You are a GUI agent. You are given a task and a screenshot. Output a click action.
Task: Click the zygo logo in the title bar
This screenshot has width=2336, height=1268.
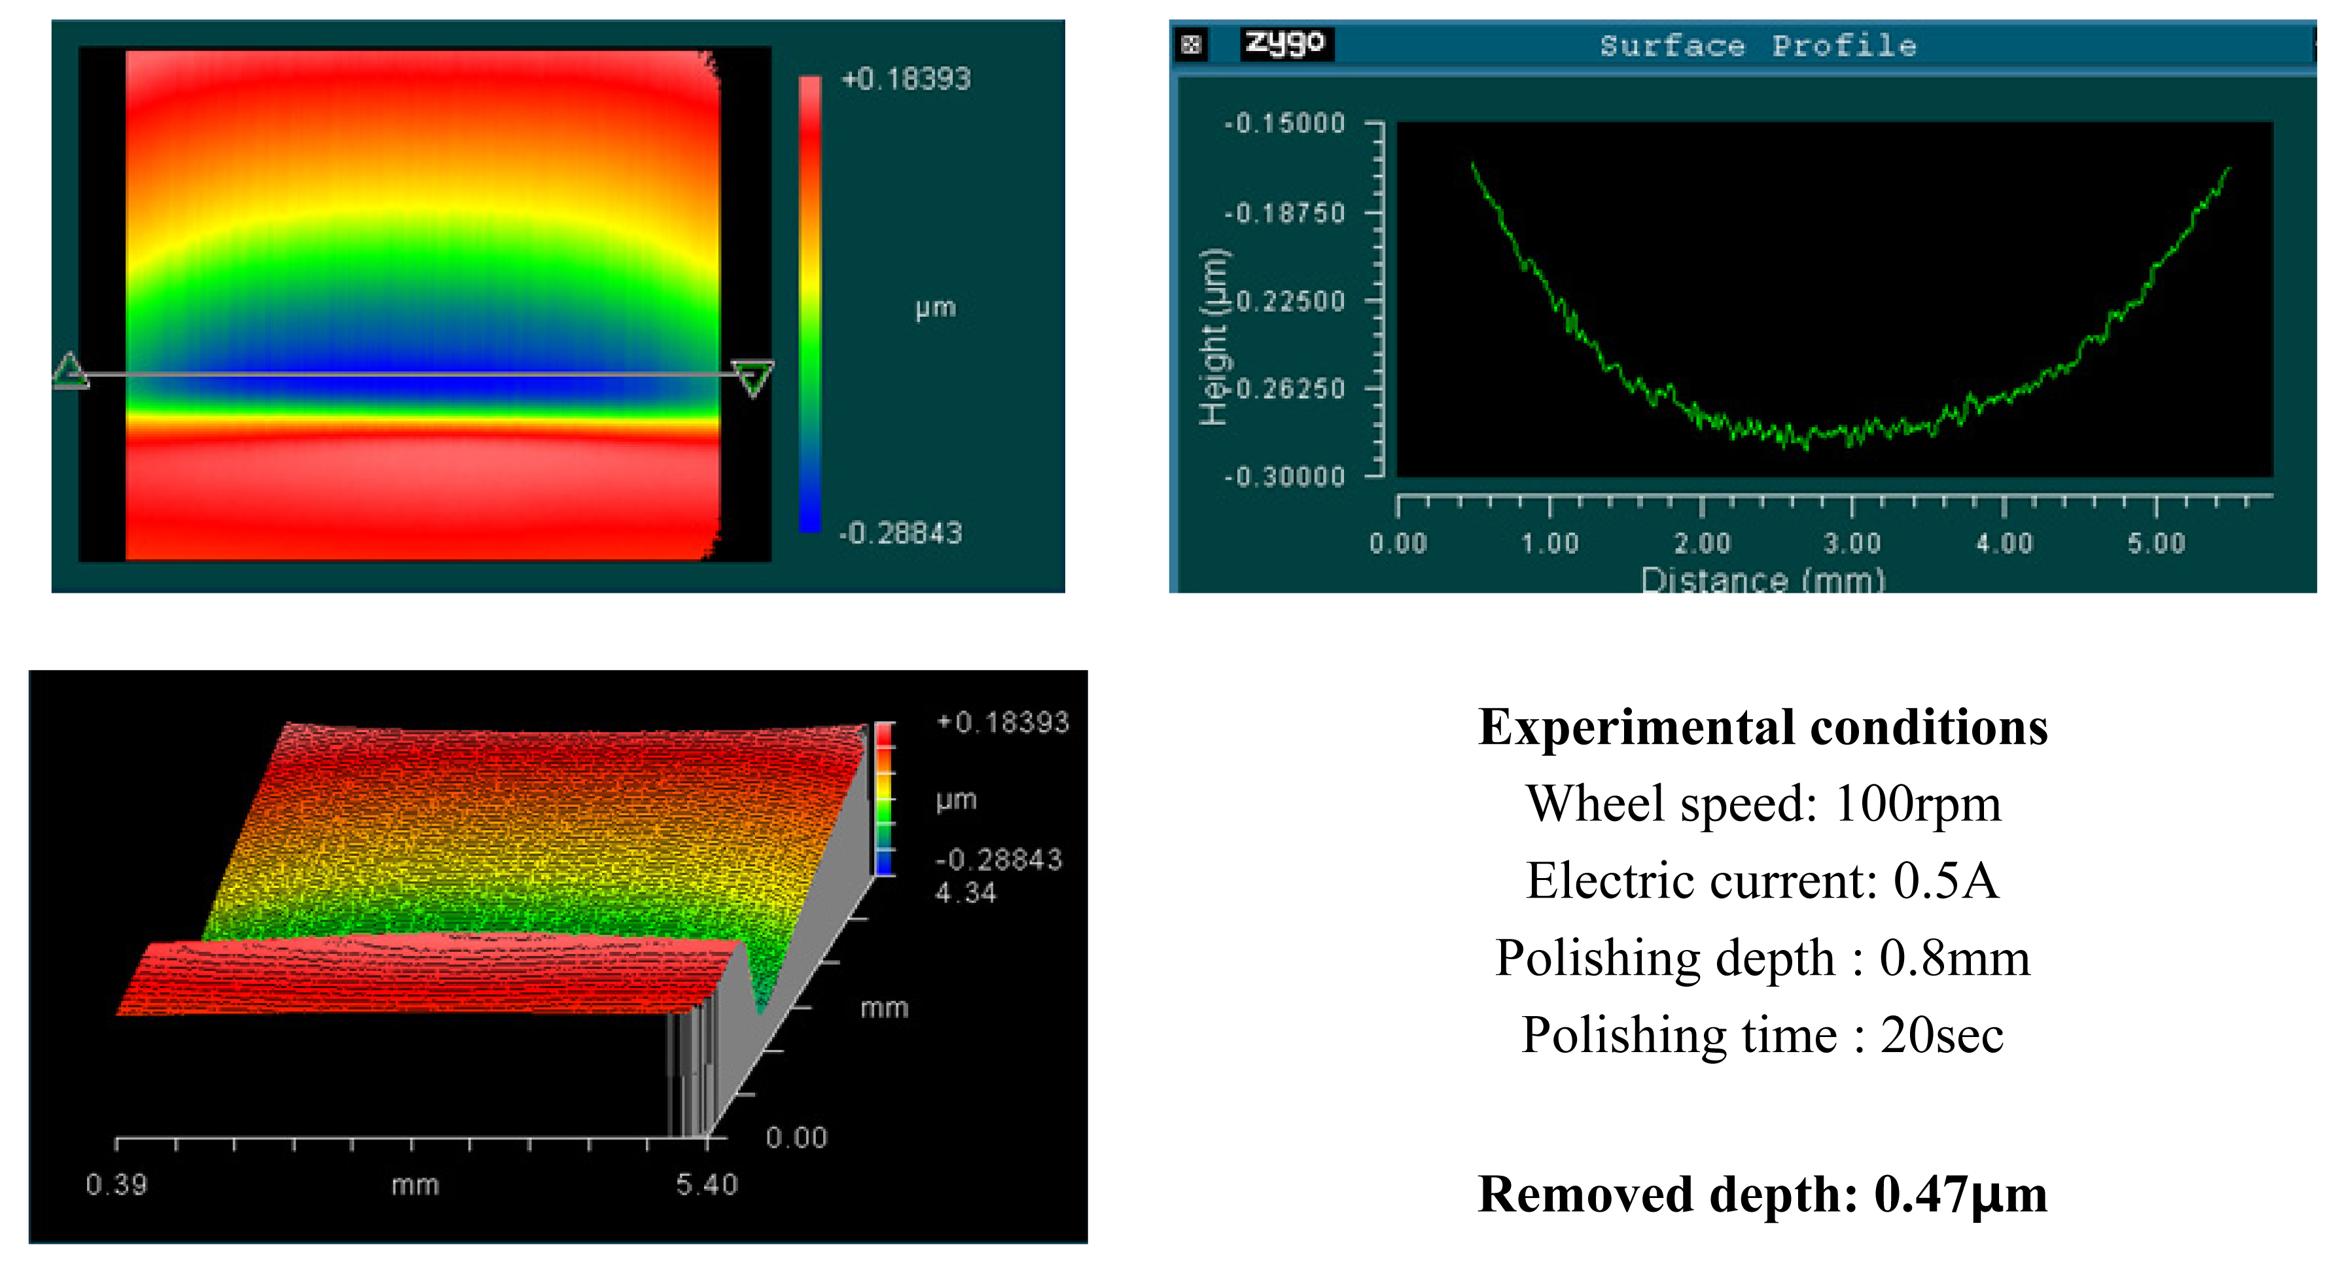[1286, 43]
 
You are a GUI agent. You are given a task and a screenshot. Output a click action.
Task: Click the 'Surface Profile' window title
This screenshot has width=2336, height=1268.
[1758, 45]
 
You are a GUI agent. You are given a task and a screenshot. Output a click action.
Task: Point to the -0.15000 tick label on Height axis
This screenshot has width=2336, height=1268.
[1284, 124]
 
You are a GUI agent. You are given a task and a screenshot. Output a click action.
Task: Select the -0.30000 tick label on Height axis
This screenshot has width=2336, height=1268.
[1284, 476]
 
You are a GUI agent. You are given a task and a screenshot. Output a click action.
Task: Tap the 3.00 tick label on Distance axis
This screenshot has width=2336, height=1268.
[1852, 543]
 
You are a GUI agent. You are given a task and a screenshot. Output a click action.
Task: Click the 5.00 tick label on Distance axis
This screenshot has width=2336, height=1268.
[2157, 543]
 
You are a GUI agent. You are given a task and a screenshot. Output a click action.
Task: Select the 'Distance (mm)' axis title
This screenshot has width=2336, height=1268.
[1762, 578]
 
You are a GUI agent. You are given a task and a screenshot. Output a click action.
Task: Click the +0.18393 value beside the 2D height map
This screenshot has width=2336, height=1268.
[906, 79]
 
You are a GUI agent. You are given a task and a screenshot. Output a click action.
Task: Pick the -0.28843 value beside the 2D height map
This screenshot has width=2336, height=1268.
[900, 533]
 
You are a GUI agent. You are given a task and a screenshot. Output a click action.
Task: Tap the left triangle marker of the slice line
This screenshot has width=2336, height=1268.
[71, 371]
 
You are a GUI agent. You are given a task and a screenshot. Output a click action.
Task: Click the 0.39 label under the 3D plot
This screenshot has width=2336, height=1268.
[116, 1184]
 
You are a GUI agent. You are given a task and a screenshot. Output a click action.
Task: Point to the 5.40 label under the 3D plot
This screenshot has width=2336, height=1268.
[707, 1184]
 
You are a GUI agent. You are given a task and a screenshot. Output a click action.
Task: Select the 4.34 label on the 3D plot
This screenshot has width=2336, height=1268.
[965, 892]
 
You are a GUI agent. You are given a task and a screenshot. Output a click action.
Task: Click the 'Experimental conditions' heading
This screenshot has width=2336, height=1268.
[1762, 728]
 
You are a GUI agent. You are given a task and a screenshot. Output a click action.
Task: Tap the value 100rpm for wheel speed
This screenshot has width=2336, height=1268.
[1917, 803]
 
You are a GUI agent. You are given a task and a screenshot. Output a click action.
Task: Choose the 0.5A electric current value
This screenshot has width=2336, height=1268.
[1945, 881]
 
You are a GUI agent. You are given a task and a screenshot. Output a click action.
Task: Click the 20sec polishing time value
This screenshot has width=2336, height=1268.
[1941, 1035]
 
